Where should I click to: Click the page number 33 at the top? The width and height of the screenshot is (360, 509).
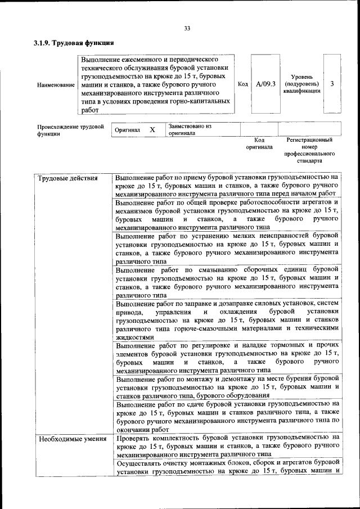[x=187, y=29]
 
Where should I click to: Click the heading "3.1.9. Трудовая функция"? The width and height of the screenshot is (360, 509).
[x=74, y=43]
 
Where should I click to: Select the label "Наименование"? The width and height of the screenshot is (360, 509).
[x=56, y=84]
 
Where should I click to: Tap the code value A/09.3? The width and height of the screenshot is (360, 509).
[x=265, y=84]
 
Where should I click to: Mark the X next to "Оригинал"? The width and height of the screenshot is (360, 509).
[x=152, y=130]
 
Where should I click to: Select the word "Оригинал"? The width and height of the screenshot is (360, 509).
[x=127, y=130]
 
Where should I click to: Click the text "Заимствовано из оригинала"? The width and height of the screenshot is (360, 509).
[x=190, y=130]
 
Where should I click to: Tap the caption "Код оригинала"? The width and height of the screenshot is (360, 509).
[x=259, y=143]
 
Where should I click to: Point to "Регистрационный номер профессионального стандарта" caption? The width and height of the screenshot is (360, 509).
[x=309, y=150]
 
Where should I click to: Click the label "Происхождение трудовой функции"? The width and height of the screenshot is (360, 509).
[x=70, y=130]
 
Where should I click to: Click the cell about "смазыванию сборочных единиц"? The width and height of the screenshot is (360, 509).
[x=227, y=281]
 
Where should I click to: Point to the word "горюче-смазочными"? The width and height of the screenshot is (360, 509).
[x=183, y=328]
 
